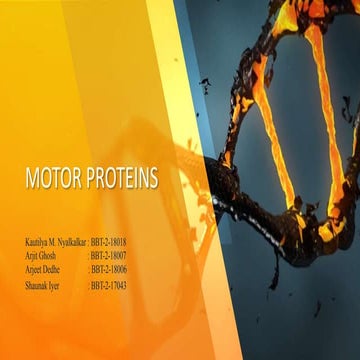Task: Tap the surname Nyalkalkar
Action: [x=68, y=243]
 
